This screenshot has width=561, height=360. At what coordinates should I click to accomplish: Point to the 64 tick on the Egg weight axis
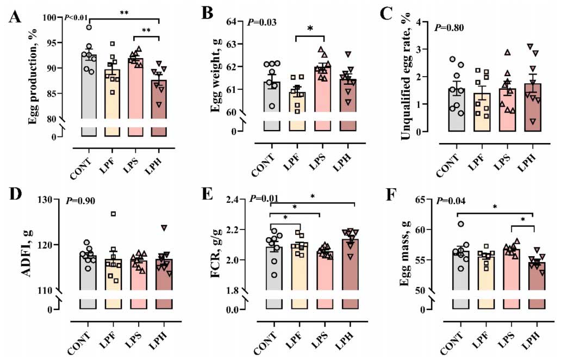[235, 22]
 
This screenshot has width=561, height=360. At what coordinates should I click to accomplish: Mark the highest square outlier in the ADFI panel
[113, 214]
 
